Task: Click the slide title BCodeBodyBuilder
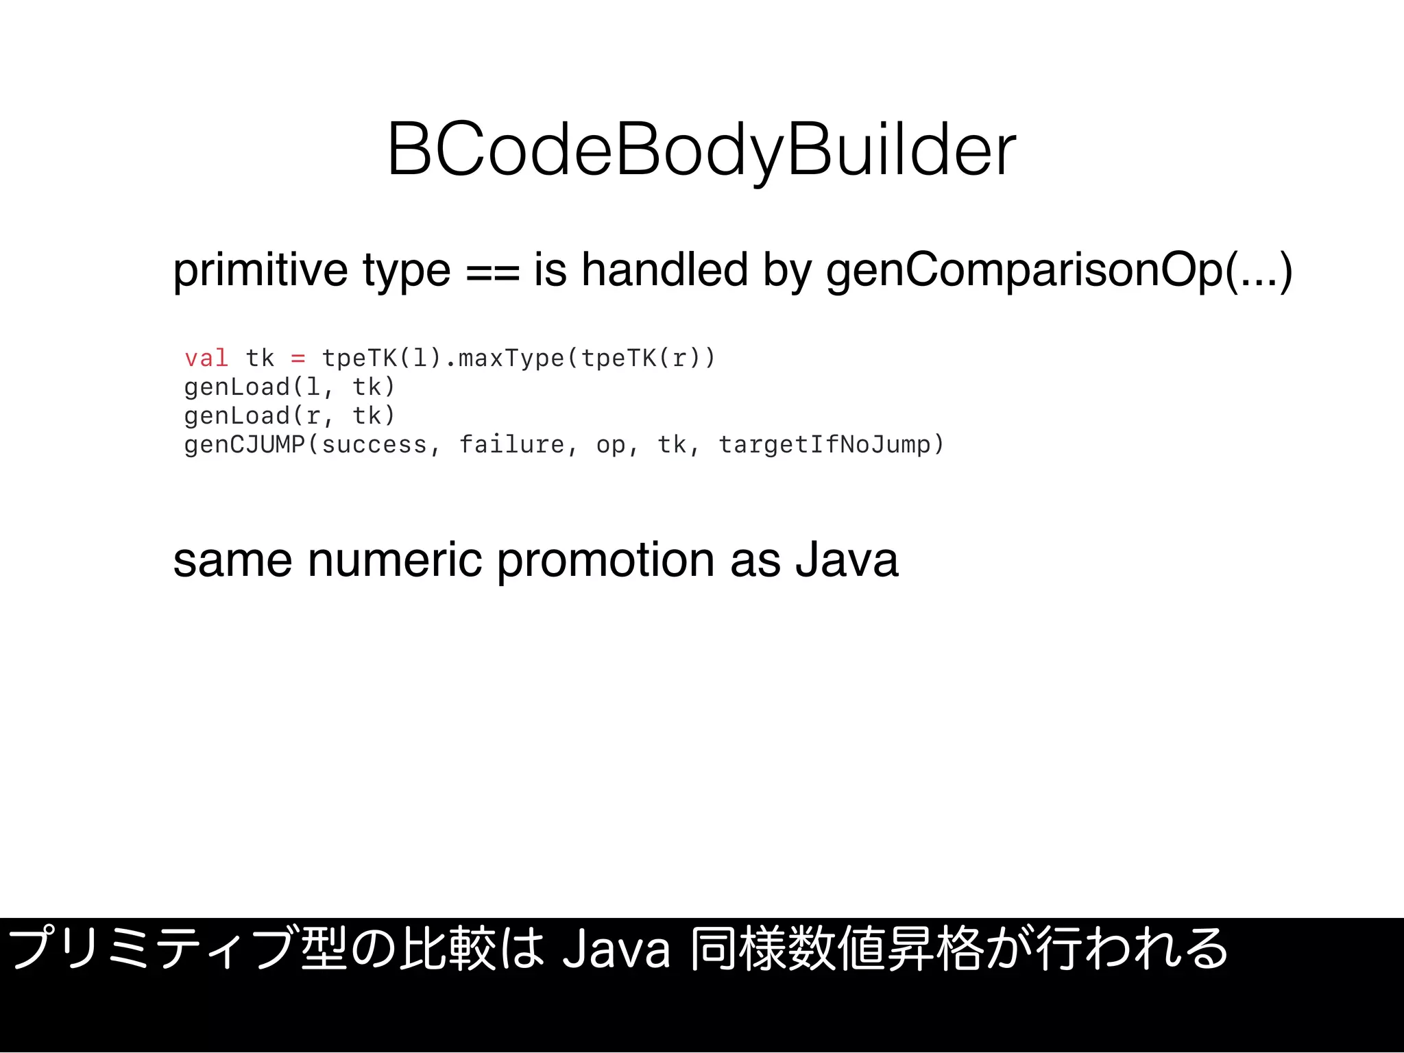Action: (x=701, y=149)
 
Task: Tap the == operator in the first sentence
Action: (x=492, y=271)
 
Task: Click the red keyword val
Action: (x=206, y=358)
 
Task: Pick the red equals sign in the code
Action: (x=298, y=358)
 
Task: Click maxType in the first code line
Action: (x=511, y=358)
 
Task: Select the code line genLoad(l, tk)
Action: (x=289, y=387)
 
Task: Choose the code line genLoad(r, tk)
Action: (x=289, y=416)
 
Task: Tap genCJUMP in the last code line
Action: (x=244, y=445)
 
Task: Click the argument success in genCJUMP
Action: (x=374, y=445)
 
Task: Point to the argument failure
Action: (x=511, y=445)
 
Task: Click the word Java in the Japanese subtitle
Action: (x=615, y=950)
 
